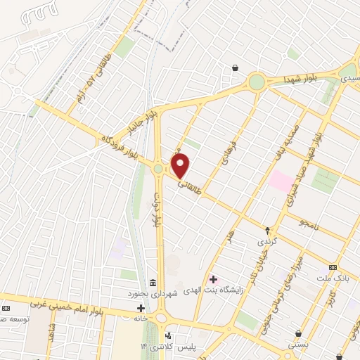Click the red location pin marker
click(x=181, y=167)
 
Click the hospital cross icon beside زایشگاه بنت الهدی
click(x=213, y=280)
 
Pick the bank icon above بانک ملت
click(x=333, y=268)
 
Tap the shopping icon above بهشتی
click(x=300, y=333)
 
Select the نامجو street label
click(x=309, y=224)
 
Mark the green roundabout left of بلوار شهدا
click(x=257, y=82)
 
